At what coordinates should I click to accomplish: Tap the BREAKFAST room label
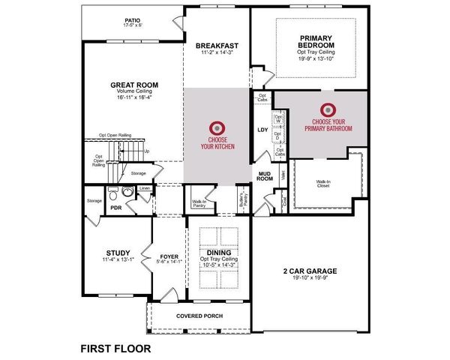point(218,45)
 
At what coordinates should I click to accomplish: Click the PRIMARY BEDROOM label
point(320,42)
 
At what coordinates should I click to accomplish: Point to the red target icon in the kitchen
point(218,127)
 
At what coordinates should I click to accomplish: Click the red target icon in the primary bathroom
point(328,109)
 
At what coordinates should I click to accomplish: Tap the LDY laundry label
point(262,130)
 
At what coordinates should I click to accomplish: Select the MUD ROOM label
point(264,176)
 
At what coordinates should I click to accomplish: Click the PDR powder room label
point(115,208)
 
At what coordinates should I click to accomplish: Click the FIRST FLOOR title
point(115,348)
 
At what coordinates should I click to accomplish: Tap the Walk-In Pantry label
point(199,202)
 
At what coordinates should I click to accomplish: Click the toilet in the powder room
point(129,193)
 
